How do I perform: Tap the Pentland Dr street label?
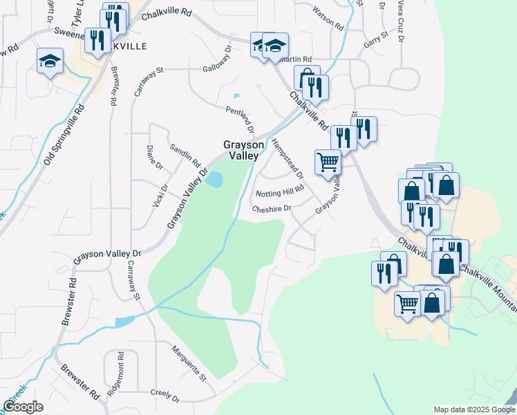click(241, 119)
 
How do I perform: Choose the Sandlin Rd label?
click(185, 156)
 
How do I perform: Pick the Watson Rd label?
click(328, 19)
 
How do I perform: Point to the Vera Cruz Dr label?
click(400, 21)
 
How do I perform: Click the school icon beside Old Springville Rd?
click(50, 62)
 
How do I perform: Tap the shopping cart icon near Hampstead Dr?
click(328, 163)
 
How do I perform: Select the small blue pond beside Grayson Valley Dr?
click(214, 180)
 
